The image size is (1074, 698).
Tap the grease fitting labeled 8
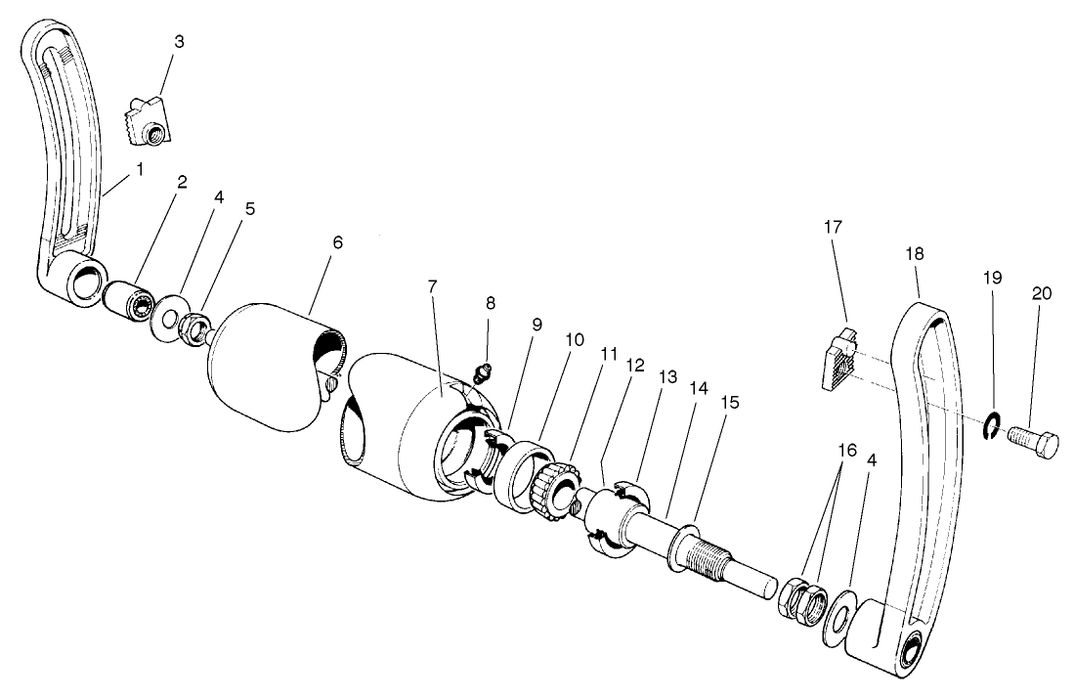tap(481, 371)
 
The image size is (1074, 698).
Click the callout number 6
tap(338, 241)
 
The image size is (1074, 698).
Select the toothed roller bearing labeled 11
tap(555, 485)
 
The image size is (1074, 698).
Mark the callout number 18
tap(914, 253)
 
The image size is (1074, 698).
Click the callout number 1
tap(140, 168)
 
